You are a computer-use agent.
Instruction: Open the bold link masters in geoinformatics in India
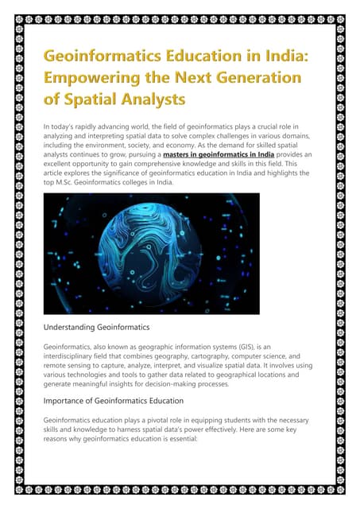pyautogui.click(x=218, y=154)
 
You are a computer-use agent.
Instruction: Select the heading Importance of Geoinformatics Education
pyautogui.click(x=119, y=400)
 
